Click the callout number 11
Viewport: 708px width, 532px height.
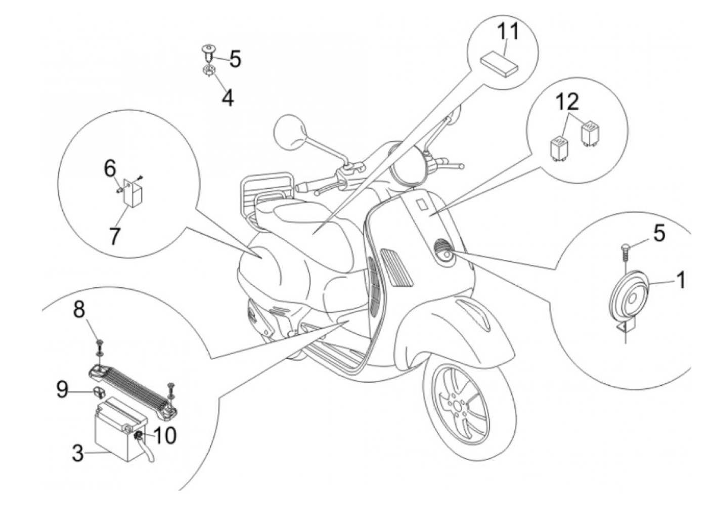507,32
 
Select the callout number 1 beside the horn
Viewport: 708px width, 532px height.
681,279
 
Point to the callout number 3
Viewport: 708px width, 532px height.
78,453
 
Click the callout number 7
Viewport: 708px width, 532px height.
115,236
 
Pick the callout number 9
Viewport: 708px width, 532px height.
62,390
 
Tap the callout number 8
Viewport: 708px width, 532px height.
79,309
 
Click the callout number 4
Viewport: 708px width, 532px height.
228,98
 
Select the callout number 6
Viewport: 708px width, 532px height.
110,168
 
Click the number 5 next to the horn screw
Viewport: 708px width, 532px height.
659,234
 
